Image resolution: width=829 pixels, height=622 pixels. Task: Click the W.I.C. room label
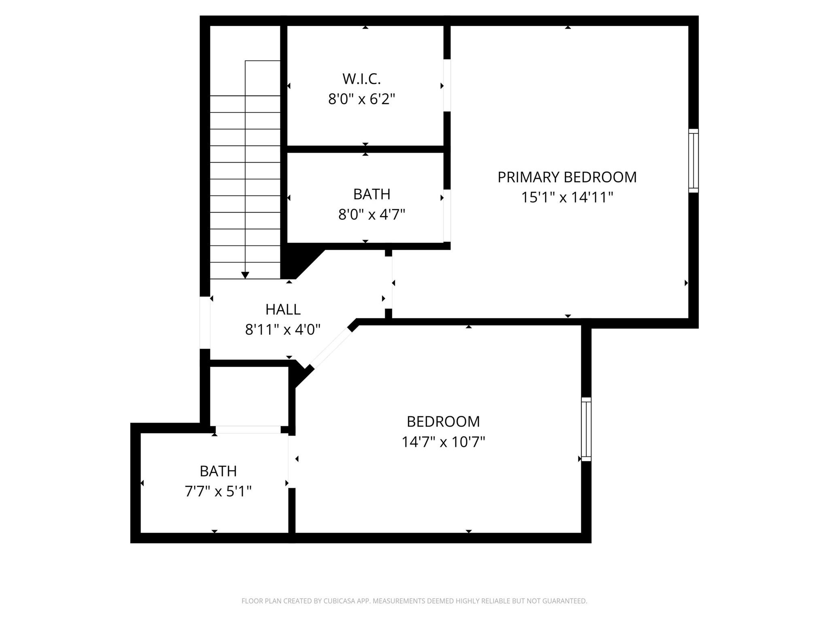(361, 79)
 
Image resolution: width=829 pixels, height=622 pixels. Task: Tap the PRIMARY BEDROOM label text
(567, 177)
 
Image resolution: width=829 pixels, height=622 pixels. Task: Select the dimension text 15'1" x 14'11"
(567, 198)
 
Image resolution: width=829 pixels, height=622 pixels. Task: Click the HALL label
(283, 309)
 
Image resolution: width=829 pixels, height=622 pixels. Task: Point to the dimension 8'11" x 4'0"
(283, 330)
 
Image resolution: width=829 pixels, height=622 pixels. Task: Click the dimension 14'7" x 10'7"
(443, 442)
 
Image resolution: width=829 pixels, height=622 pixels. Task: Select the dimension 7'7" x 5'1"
(218, 492)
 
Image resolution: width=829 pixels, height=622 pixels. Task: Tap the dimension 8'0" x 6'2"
(361, 99)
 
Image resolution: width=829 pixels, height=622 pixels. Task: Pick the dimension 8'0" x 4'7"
(372, 214)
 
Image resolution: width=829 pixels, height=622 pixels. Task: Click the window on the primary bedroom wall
(693, 161)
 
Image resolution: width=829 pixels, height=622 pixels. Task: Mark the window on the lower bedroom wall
(586, 429)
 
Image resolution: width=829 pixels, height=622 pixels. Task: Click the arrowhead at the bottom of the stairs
(245, 275)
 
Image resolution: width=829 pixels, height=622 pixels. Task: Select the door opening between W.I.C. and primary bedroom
(447, 85)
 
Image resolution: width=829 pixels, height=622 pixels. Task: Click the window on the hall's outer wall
(205, 322)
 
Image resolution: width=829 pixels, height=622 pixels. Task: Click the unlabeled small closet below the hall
(249, 396)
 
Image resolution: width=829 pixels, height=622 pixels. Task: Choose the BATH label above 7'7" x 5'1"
(218, 471)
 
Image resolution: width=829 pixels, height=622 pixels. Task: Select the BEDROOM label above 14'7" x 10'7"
(443, 422)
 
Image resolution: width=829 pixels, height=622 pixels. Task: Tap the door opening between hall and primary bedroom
(388, 283)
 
